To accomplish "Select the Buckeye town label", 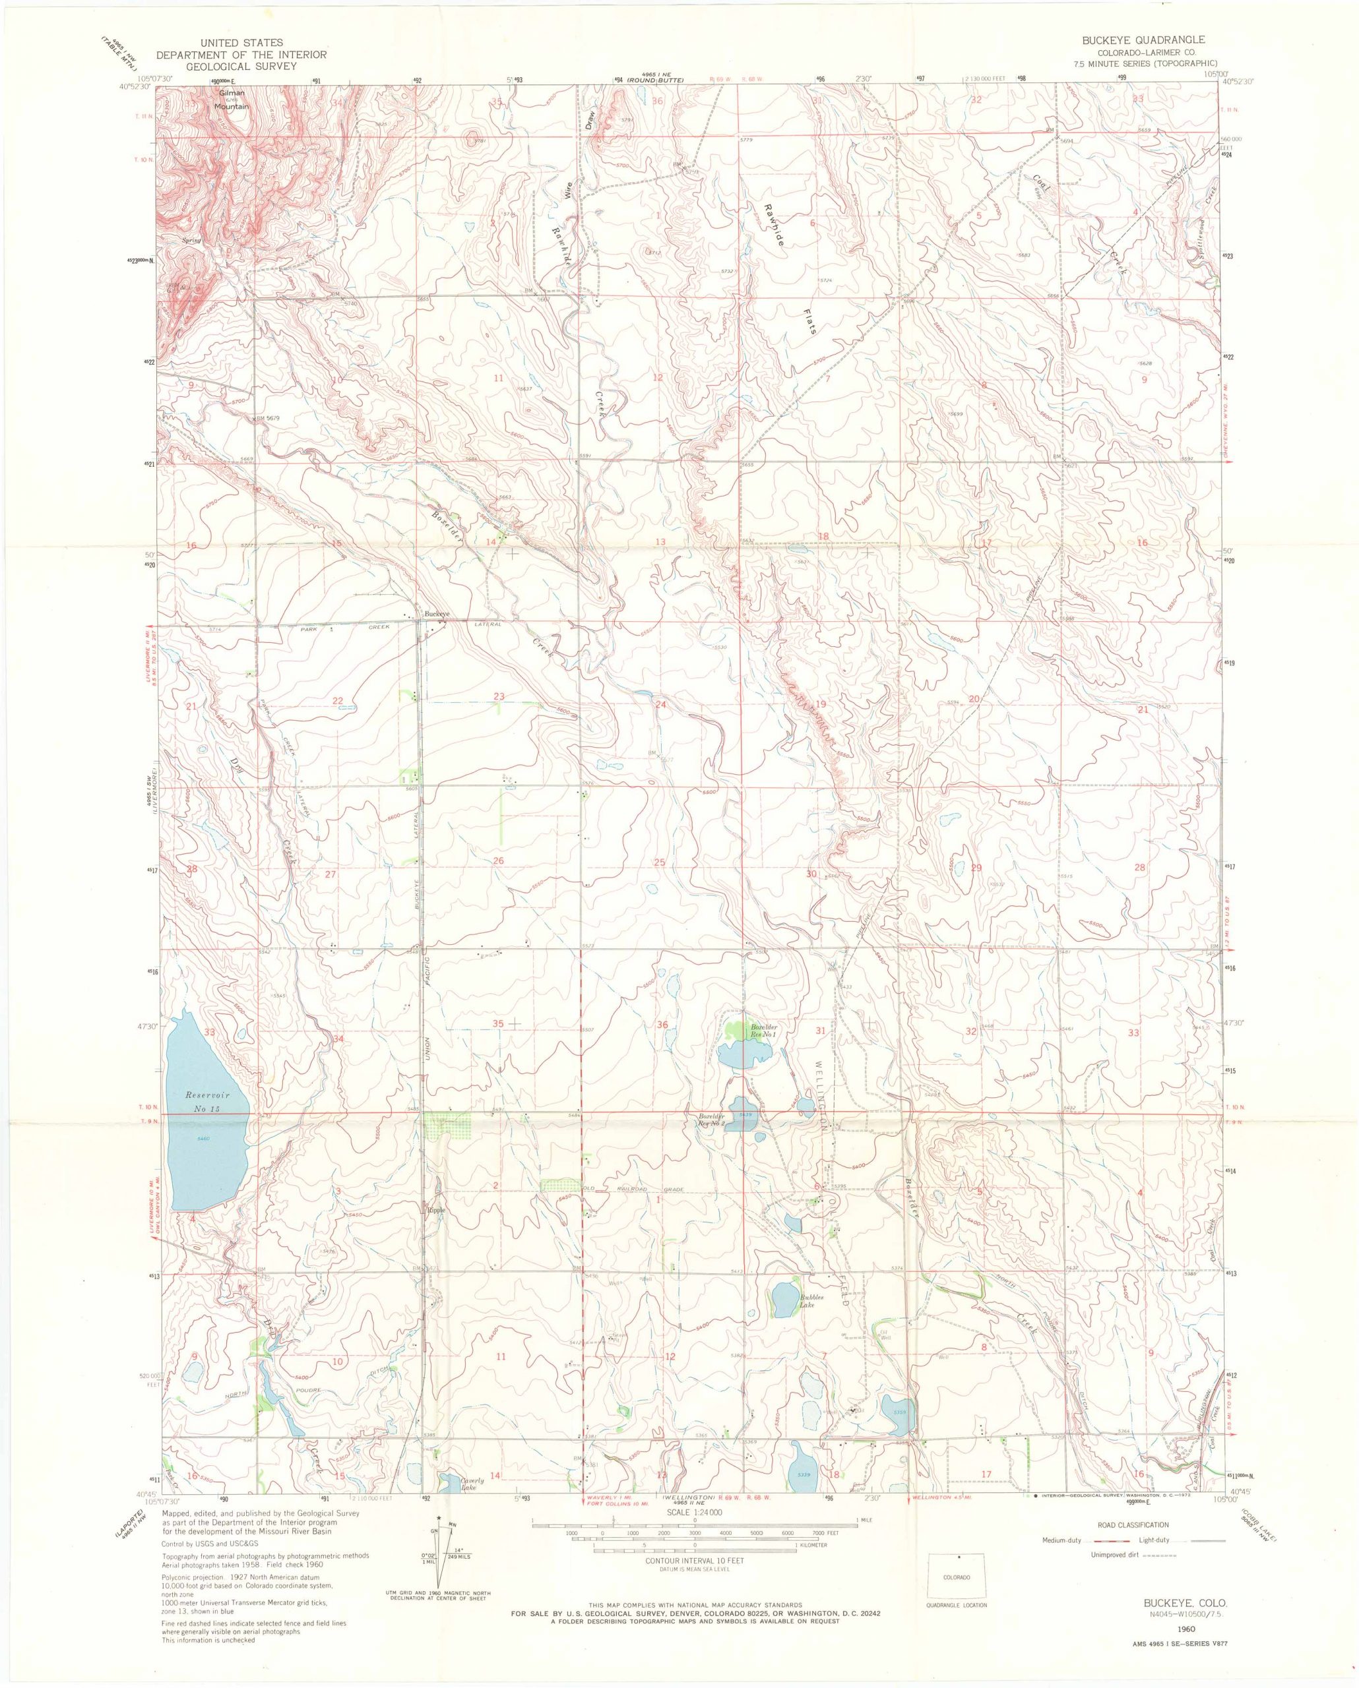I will pyautogui.click(x=437, y=614).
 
